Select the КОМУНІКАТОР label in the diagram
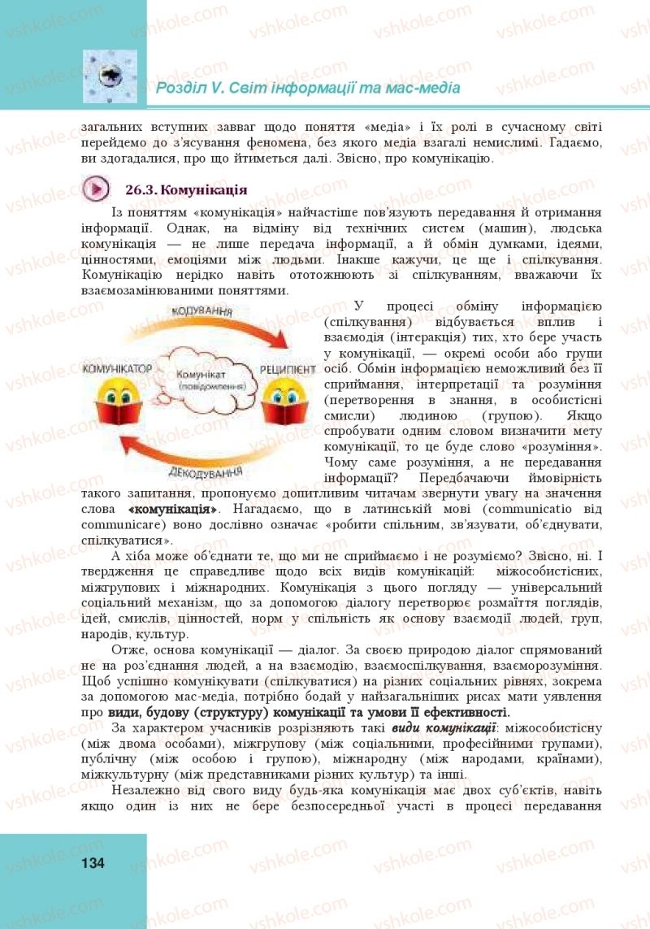click(118, 368)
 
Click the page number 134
click(93, 863)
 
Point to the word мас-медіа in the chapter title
click(427, 87)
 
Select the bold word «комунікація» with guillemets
click(173, 508)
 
